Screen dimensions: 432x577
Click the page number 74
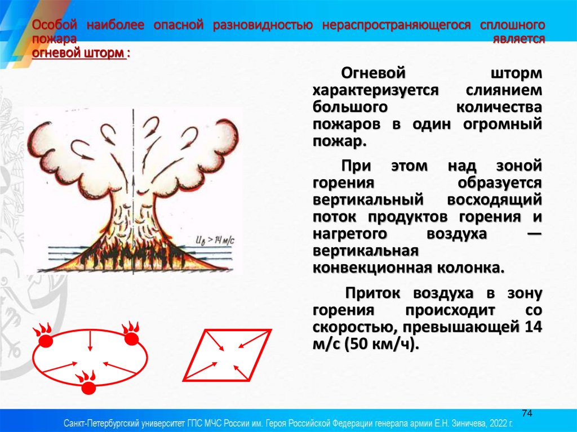tap(527, 413)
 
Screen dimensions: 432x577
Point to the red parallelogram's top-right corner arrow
tap(252, 339)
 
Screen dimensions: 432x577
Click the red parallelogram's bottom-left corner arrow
tap(203, 371)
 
